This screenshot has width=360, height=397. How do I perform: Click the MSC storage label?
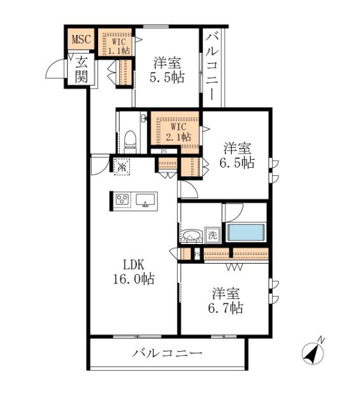click(81, 40)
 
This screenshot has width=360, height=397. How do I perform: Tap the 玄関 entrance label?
click(82, 69)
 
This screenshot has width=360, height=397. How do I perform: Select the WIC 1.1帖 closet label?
click(115, 41)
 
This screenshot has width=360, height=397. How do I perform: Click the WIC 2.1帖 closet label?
click(175, 131)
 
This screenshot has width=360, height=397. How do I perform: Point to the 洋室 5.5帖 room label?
click(168, 71)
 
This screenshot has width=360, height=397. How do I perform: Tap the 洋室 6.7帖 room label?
click(227, 301)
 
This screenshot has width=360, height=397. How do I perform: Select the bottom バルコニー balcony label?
click(167, 352)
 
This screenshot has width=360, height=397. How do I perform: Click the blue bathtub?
click(245, 232)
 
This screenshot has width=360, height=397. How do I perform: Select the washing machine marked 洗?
click(212, 235)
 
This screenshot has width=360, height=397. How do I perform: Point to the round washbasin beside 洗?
click(191, 236)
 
